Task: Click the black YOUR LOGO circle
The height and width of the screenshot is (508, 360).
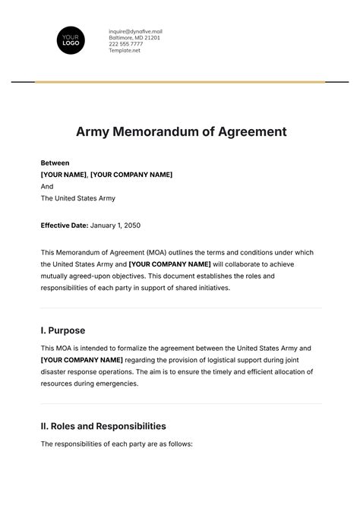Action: [x=71, y=39]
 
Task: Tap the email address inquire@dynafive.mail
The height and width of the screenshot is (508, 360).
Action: [x=135, y=31]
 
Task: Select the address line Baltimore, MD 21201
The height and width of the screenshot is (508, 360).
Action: [x=134, y=37]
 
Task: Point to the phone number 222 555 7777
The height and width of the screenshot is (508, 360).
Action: [x=125, y=43]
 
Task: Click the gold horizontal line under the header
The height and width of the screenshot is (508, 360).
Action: [x=180, y=81]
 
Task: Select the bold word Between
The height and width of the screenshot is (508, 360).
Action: [x=55, y=162]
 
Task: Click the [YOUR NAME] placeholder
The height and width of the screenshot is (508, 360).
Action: [x=63, y=175]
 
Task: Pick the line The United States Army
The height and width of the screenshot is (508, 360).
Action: [x=77, y=198]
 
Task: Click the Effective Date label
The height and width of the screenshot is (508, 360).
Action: [x=64, y=226]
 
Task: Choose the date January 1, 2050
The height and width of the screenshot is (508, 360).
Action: [x=115, y=226]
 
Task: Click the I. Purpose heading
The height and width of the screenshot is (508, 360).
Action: [x=62, y=330]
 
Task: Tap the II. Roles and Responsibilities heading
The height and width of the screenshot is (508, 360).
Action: [x=103, y=426]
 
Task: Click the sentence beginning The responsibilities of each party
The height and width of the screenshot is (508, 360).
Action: [x=118, y=443]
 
